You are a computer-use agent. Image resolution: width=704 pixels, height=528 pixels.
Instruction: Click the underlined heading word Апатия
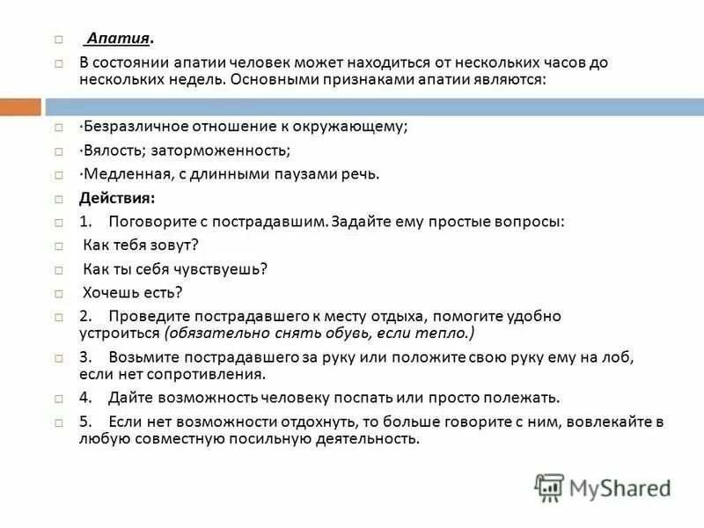pyautogui.click(x=118, y=40)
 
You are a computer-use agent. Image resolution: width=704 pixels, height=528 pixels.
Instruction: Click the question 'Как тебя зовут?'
pyautogui.click(x=140, y=245)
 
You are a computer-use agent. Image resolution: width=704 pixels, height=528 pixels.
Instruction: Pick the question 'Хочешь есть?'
pyautogui.click(x=132, y=292)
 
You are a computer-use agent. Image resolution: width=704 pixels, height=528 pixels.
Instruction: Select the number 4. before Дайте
pyautogui.click(x=86, y=397)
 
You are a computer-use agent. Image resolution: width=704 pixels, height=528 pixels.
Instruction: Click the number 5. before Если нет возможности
pyautogui.click(x=86, y=422)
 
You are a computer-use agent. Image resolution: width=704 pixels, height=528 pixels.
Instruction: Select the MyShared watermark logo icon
pyautogui.click(x=549, y=487)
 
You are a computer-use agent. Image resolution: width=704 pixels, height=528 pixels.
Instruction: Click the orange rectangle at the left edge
pyautogui.click(x=20, y=106)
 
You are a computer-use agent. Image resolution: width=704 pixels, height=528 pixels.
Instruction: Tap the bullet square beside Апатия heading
pyautogui.click(x=58, y=40)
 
